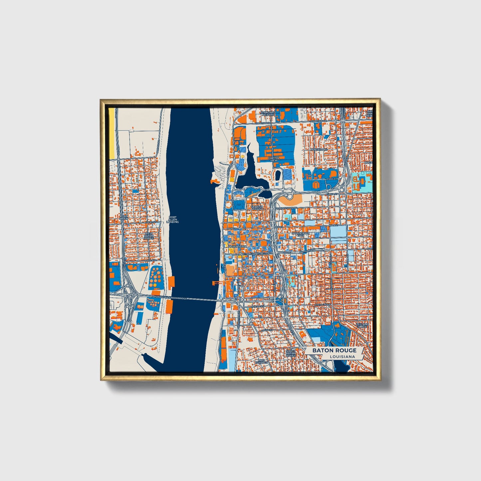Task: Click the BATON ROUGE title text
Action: point(334,350)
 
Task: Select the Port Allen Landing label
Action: point(173,220)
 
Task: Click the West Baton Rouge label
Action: point(149,236)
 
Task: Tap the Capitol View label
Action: point(273,159)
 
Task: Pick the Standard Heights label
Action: point(268,114)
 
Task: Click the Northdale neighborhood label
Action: point(319,150)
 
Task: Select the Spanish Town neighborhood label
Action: point(257,207)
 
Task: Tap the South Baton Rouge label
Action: point(291,353)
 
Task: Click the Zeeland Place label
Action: point(362,325)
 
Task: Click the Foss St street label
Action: point(332,179)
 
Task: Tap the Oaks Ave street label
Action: point(150,260)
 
